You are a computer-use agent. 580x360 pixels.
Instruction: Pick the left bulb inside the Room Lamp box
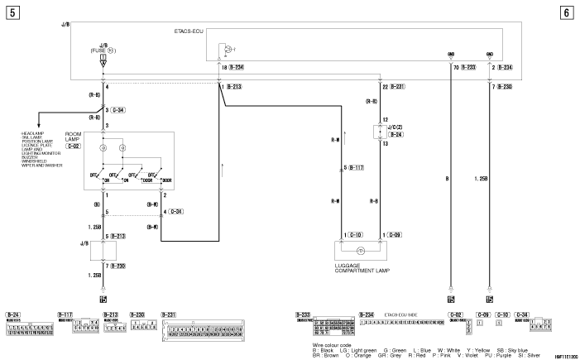pos(103,149)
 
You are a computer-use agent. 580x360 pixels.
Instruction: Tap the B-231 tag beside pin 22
pos(397,86)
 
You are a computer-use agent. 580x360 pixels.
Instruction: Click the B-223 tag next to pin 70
pos(468,66)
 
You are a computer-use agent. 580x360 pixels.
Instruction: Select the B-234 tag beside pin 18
pos(237,66)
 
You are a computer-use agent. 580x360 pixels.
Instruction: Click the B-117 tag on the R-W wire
pos(357,167)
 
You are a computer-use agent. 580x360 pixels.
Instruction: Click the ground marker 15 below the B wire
pos(451,299)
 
